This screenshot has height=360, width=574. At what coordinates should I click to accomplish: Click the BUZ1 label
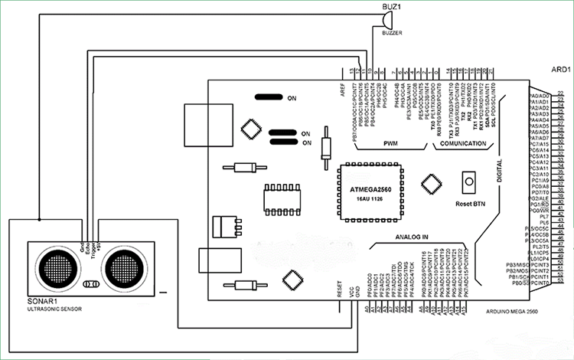point(393,7)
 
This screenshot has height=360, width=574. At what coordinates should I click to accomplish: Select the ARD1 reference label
point(561,69)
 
